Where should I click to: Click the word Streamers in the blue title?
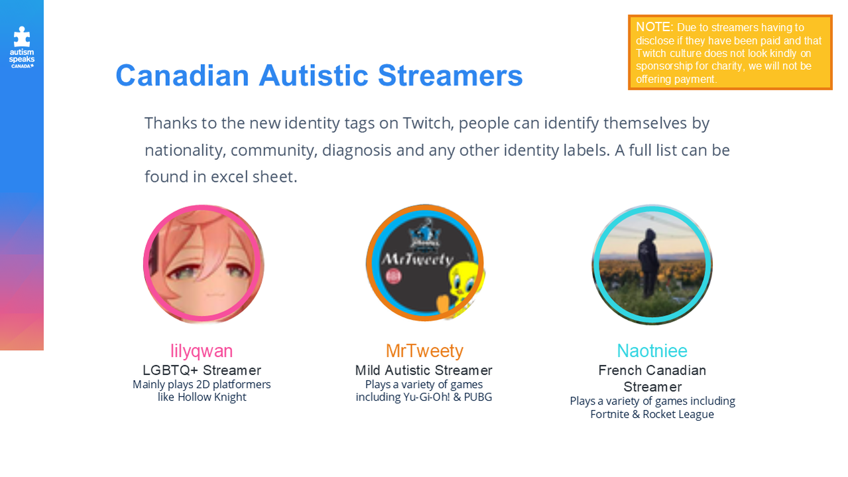(450, 76)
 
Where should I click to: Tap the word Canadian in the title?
(182, 76)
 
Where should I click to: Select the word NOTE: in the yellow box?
(654, 27)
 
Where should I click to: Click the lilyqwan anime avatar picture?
(204, 264)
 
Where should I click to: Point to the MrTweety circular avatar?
(425, 263)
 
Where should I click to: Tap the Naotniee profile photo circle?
(652, 264)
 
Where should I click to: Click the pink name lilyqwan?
(202, 351)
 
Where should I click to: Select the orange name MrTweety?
(424, 351)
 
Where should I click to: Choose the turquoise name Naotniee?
(652, 351)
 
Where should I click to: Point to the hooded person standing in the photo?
(649, 263)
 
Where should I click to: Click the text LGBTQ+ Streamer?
(202, 370)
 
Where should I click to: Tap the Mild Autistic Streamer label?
(424, 370)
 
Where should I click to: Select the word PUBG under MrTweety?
(478, 397)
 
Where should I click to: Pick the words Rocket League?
(678, 415)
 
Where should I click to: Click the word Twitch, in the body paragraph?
(428, 123)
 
